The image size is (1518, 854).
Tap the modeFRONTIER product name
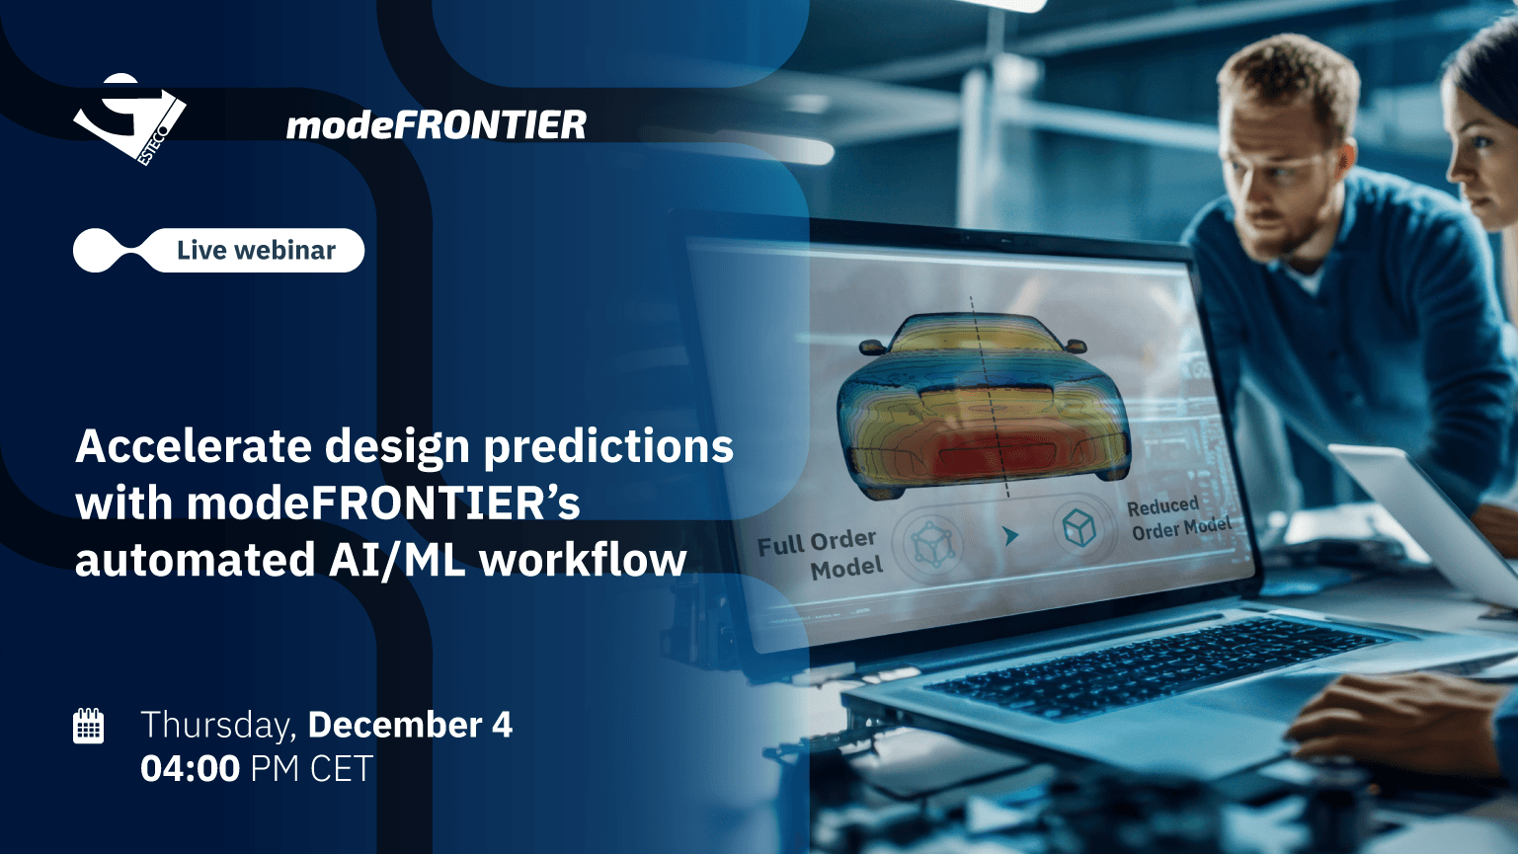pos(437,125)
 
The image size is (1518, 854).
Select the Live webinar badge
pos(218,251)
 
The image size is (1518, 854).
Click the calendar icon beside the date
pos(88,726)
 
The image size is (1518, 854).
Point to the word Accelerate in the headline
pos(194,446)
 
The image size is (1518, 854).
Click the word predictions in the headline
pos(608,447)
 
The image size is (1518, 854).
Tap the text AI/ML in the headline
pos(396,560)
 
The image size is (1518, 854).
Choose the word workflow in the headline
pos(583,560)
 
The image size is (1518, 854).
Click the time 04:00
pos(190,769)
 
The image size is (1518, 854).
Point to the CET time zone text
pos(342,769)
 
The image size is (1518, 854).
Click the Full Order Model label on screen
pos(820,554)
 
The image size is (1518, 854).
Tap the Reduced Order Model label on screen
pos(1179,518)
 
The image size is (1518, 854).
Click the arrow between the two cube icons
pos(1011,536)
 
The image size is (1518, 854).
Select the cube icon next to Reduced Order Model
pos(1079,527)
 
